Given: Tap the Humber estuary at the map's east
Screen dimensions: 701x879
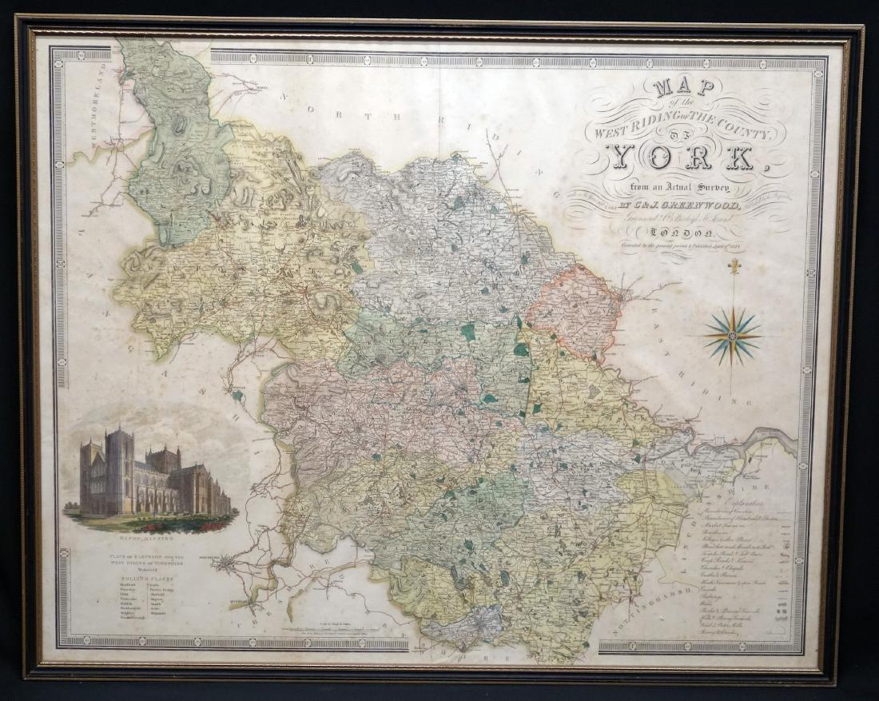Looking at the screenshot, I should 767,440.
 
